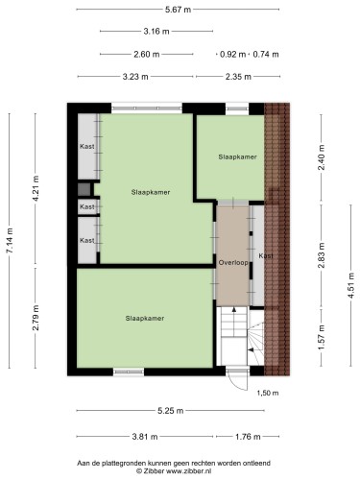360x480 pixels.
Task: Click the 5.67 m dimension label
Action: click(x=178, y=10)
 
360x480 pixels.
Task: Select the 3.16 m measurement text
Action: click(x=156, y=32)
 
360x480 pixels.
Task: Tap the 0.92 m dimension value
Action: click(x=232, y=55)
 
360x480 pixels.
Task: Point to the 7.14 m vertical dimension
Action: click(x=10, y=241)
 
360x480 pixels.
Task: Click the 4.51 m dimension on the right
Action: click(x=351, y=285)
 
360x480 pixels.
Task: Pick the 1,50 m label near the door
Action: click(x=268, y=393)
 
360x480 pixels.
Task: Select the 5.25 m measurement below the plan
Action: click(x=171, y=411)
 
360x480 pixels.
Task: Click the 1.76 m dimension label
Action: click(x=248, y=437)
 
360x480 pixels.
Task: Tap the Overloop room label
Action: click(x=233, y=263)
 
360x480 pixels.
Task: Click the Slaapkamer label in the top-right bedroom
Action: click(x=237, y=156)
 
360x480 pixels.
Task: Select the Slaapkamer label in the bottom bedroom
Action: click(x=145, y=319)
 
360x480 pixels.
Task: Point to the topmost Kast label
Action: click(x=87, y=146)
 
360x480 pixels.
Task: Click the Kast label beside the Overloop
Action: click(x=266, y=256)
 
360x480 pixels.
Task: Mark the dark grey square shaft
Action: click(x=84, y=189)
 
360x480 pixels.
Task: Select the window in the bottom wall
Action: click(x=129, y=372)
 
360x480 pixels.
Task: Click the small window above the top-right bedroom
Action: click(x=237, y=108)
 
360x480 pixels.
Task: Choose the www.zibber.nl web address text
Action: click(x=188, y=471)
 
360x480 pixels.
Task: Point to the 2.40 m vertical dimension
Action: click(x=322, y=157)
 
